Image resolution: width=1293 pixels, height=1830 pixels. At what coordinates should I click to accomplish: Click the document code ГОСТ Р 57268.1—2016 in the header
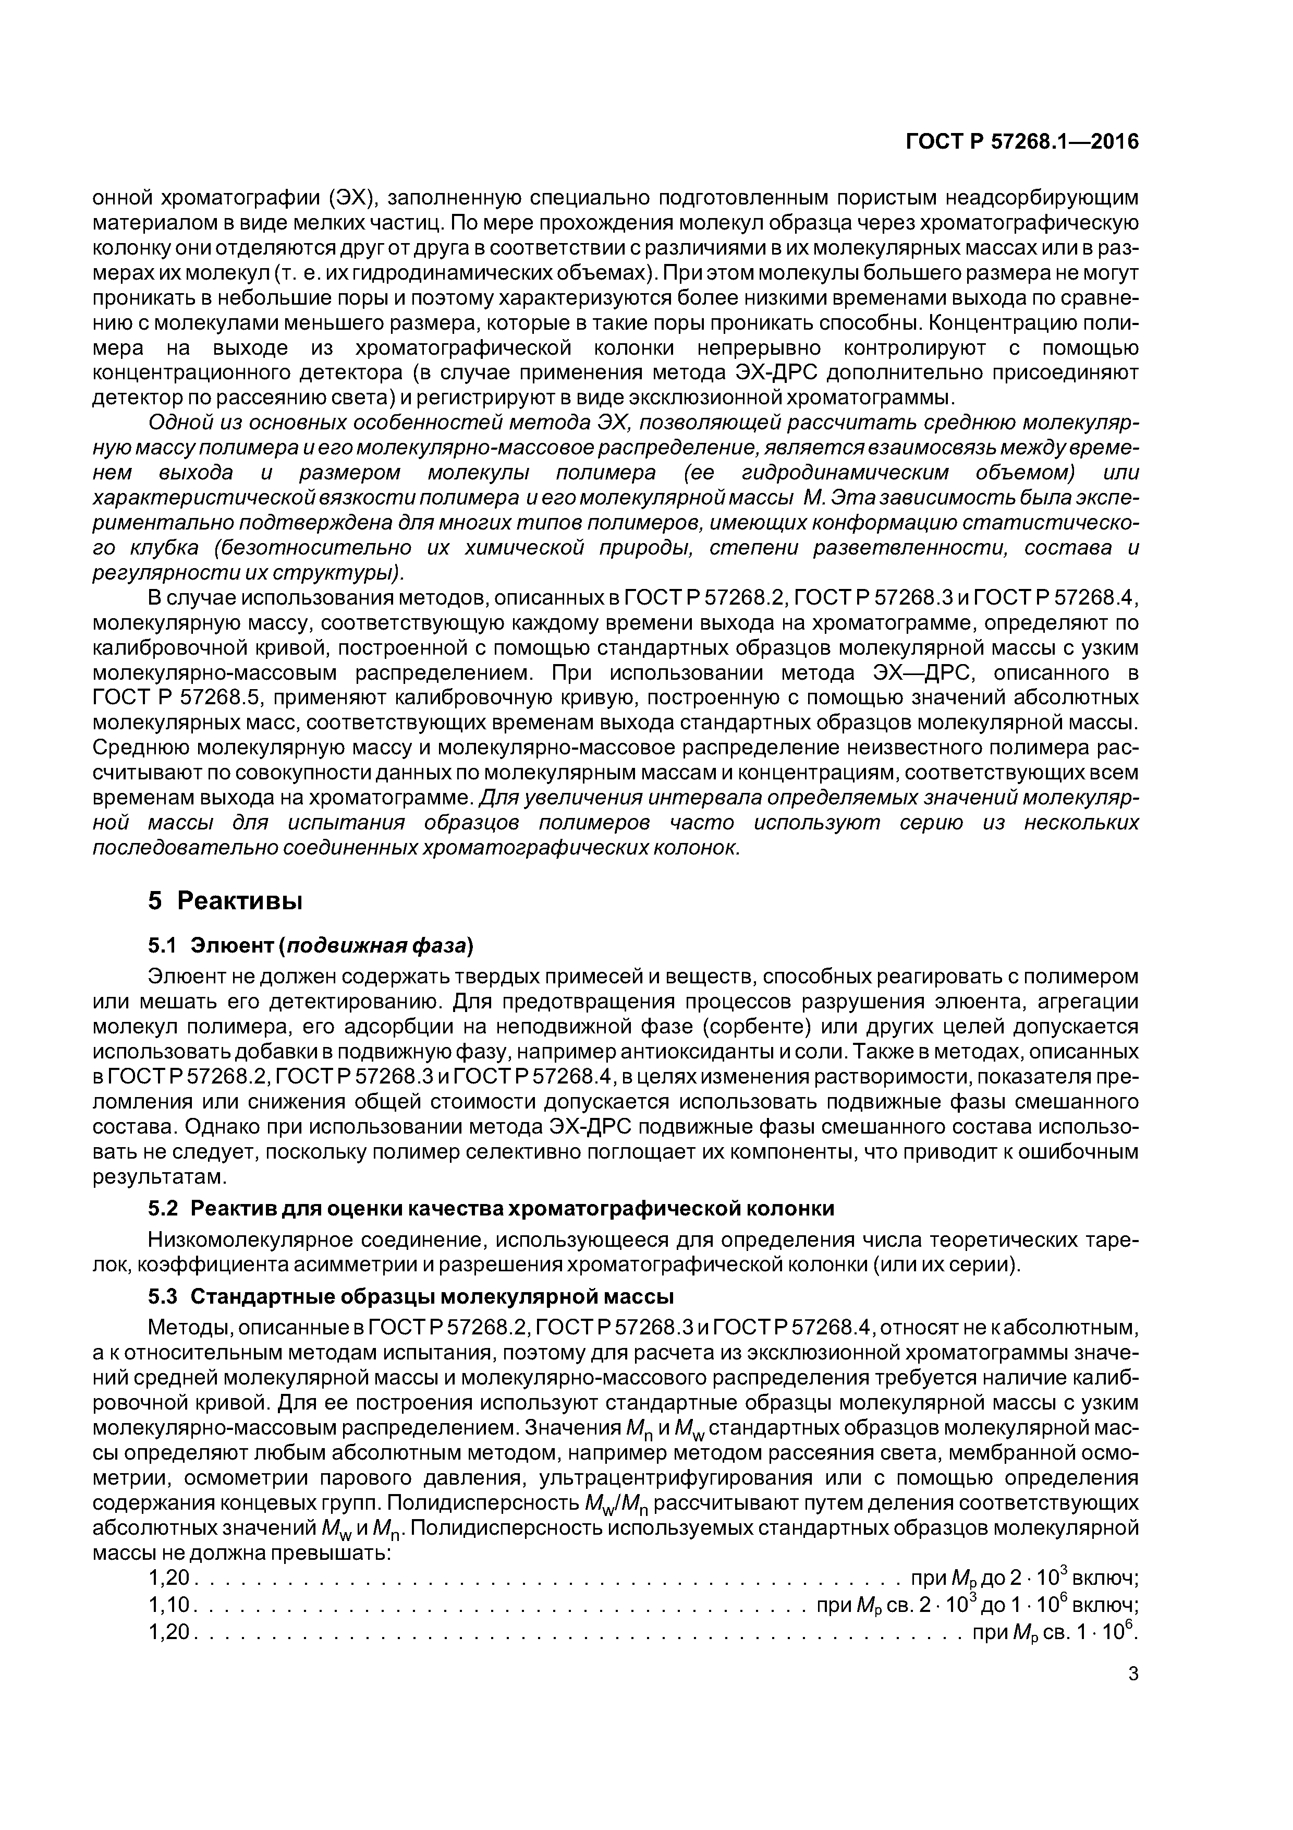[x=1022, y=142]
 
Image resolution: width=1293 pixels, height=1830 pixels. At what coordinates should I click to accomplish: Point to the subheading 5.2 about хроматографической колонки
[x=491, y=1208]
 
